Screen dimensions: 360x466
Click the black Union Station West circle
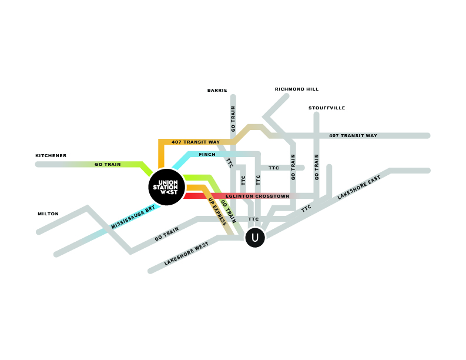click(x=167, y=187)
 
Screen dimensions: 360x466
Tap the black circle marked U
click(x=254, y=238)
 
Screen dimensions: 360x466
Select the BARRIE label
click(x=217, y=91)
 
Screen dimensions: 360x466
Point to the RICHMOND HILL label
click(x=297, y=89)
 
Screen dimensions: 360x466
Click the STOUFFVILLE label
click(x=327, y=108)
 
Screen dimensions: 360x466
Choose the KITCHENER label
click(x=51, y=156)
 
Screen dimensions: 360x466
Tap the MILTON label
click(x=48, y=214)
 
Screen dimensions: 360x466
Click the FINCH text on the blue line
click(x=207, y=155)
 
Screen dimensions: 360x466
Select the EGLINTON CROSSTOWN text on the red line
click(x=257, y=196)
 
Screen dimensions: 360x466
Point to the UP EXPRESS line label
click(x=217, y=212)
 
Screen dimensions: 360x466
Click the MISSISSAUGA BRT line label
click(x=133, y=217)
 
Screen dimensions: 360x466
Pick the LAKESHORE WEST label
click(x=187, y=254)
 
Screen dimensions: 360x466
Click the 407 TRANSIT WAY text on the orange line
click(x=196, y=142)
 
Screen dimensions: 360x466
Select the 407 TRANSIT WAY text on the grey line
click(x=353, y=136)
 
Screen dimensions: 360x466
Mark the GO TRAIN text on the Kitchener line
click(x=108, y=165)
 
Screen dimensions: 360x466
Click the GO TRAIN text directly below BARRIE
click(x=233, y=119)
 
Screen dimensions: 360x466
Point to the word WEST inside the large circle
click(x=169, y=192)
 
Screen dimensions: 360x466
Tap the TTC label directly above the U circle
click(x=253, y=219)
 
